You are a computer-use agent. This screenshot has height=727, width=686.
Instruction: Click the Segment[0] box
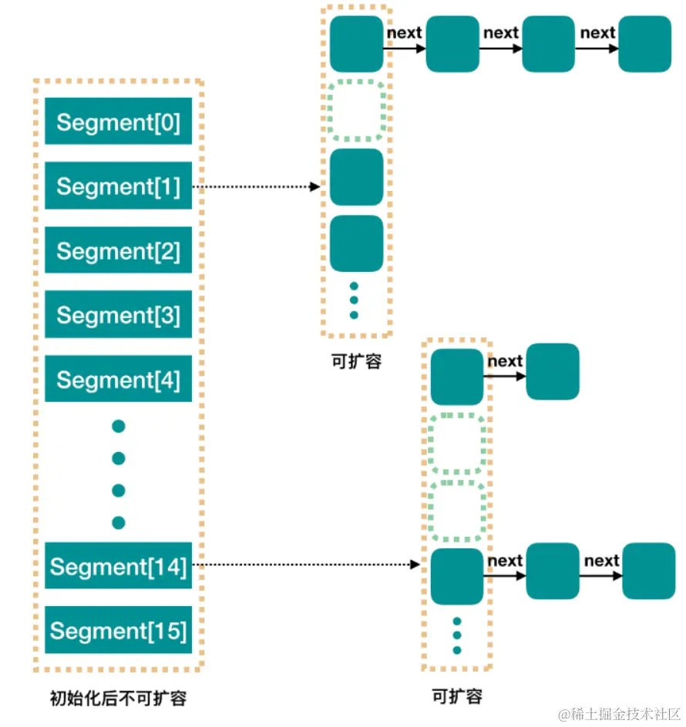point(118,122)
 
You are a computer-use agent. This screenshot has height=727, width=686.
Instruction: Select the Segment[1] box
point(118,186)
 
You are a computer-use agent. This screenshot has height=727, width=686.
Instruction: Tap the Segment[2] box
point(118,250)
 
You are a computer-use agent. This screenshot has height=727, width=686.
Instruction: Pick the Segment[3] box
point(118,315)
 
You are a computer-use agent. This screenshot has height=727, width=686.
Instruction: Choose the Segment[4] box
point(118,379)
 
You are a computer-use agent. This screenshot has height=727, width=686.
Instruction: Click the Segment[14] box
point(118,566)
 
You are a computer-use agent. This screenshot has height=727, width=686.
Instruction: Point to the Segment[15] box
point(118,631)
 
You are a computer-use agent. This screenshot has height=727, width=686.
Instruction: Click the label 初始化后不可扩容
point(118,699)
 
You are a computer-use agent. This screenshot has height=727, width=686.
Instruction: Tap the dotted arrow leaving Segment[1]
point(254,186)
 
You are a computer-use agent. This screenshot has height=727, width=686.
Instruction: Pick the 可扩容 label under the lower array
point(457,695)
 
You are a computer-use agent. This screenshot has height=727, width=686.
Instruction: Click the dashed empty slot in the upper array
point(356,110)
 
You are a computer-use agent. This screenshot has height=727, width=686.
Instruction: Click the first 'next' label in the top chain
point(404,33)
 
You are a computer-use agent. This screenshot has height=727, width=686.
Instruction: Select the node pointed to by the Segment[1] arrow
point(356,176)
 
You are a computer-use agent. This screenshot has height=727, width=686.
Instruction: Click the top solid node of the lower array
point(457,377)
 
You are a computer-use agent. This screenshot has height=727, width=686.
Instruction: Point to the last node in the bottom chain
point(648,571)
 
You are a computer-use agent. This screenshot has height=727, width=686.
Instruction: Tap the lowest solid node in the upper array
point(356,243)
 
